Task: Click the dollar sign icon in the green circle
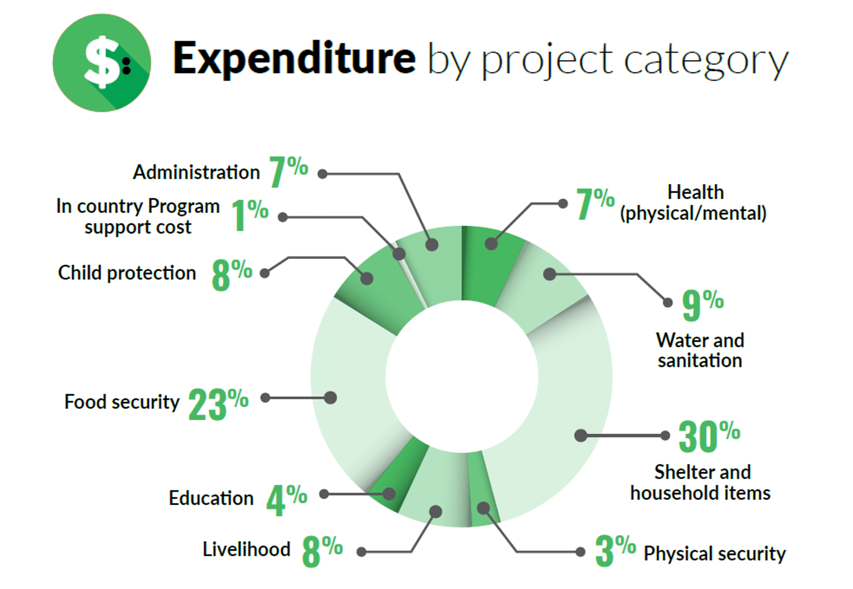click(101, 62)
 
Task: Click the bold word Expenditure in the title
click(294, 59)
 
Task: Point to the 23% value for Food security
click(218, 404)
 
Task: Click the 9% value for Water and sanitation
click(703, 305)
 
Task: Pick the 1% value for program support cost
click(250, 215)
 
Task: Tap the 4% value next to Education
click(287, 500)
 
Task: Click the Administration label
click(196, 172)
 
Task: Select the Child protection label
click(127, 273)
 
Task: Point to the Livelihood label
click(246, 549)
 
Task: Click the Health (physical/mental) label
click(693, 203)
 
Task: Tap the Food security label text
click(122, 402)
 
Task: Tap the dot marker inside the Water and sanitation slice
click(549, 274)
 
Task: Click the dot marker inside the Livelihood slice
click(436, 511)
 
